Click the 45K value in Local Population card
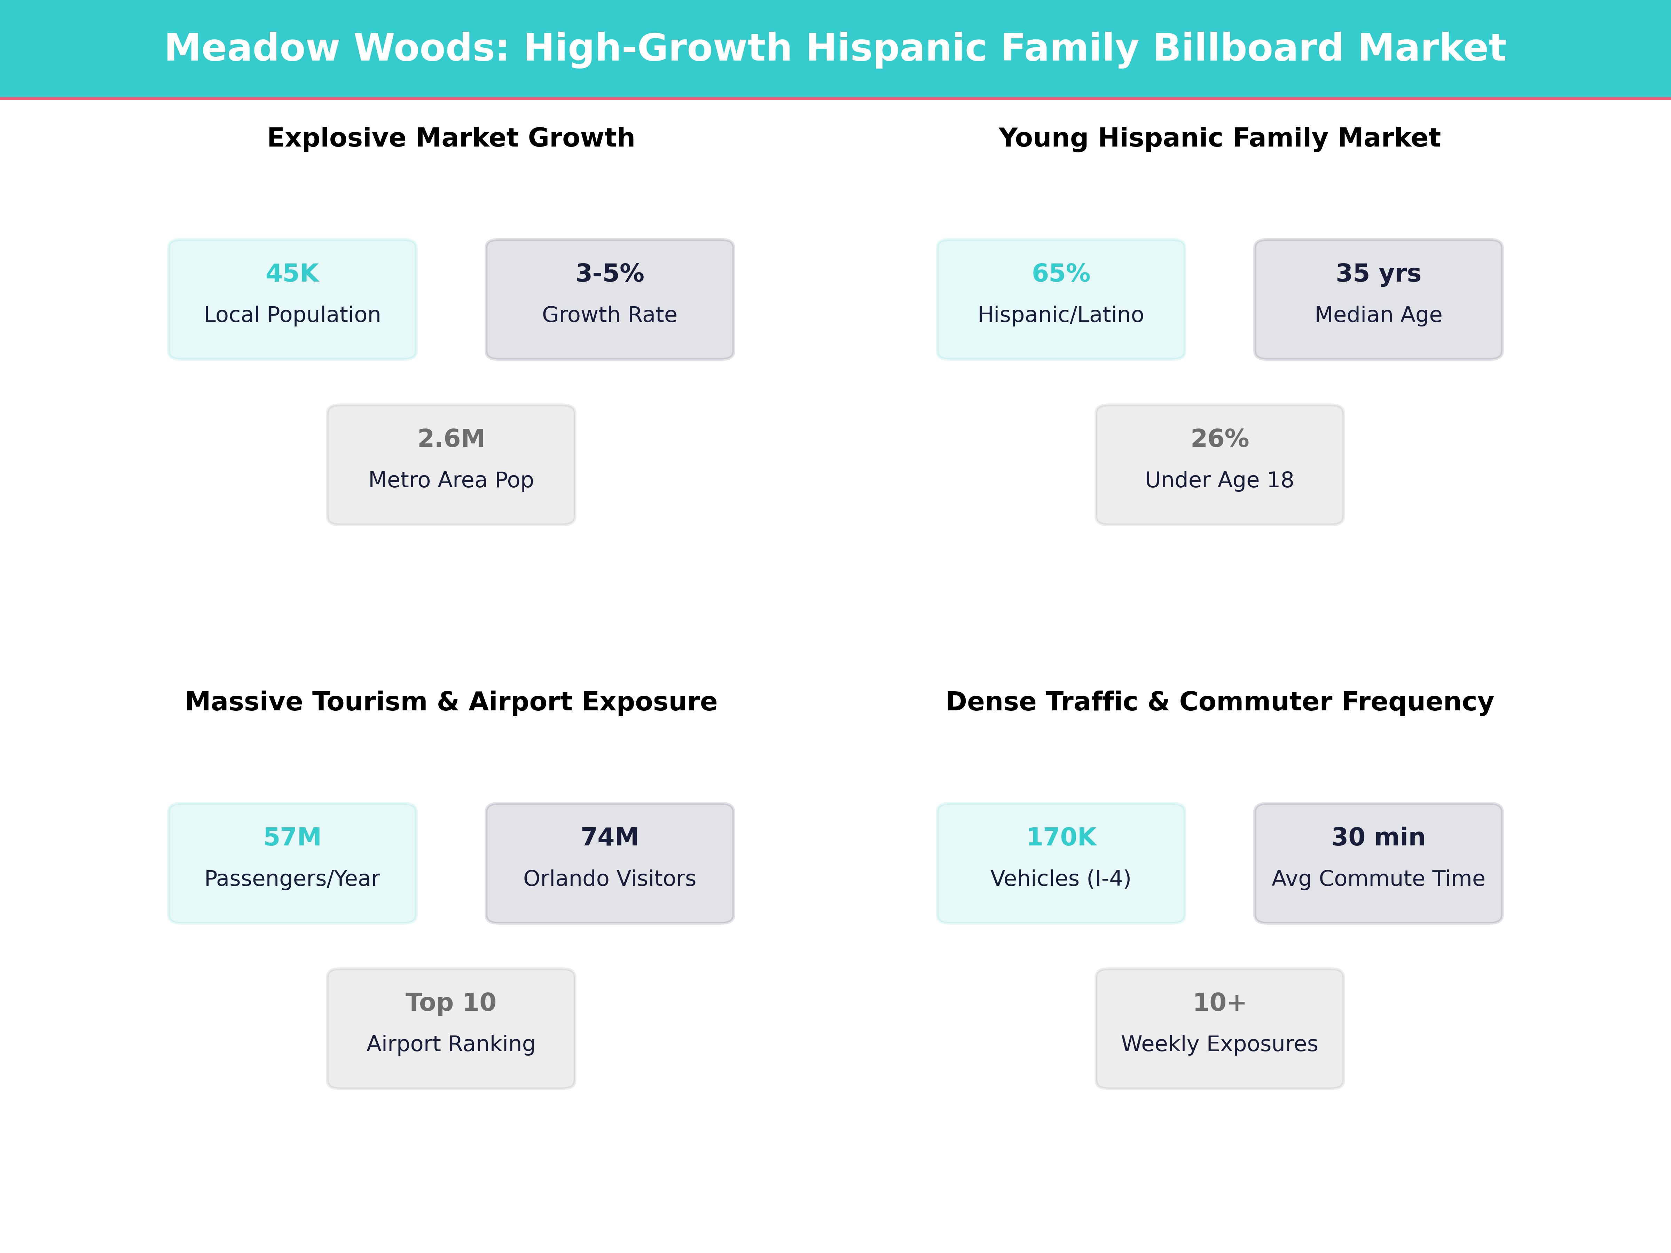(x=292, y=274)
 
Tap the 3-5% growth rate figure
(x=610, y=274)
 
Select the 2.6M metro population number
(x=451, y=439)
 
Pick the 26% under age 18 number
(x=1219, y=439)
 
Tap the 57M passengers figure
(x=292, y=837)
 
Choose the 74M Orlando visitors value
(x=610, y=837)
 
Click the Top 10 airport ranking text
(x=451, y=1002)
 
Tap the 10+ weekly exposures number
(x=1219, y=1002)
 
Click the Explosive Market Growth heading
(x=451, y=138)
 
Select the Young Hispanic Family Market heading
(x=1219, y=138)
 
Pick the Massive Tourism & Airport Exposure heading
(x=451, y=702)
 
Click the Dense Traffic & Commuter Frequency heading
(x=1219, y=702)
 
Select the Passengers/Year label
(x=292, y=878)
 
